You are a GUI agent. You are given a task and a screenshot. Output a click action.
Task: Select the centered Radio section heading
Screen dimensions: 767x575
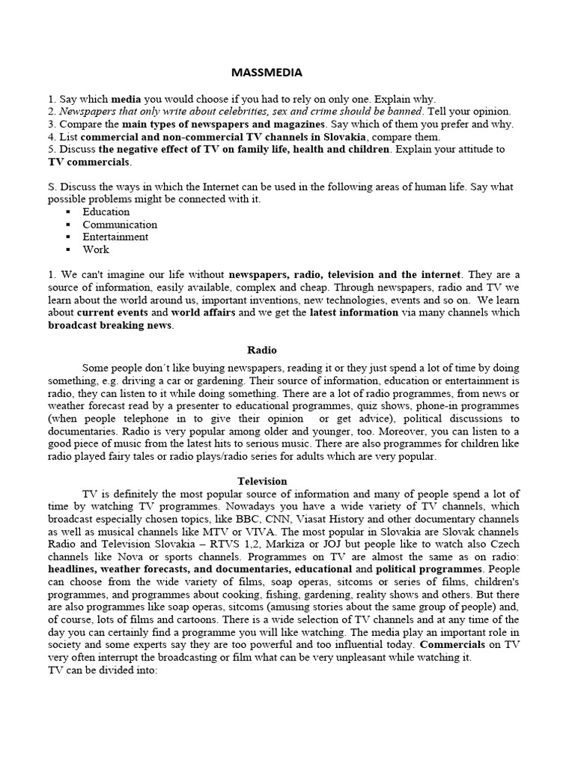pos(262,349)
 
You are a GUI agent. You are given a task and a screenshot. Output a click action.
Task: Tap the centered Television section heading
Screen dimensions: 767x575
pos(262,481)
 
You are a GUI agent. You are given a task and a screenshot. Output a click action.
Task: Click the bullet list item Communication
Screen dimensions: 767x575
pos(120,224)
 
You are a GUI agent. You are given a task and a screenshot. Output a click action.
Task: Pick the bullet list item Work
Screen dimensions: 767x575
pos(96,249)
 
